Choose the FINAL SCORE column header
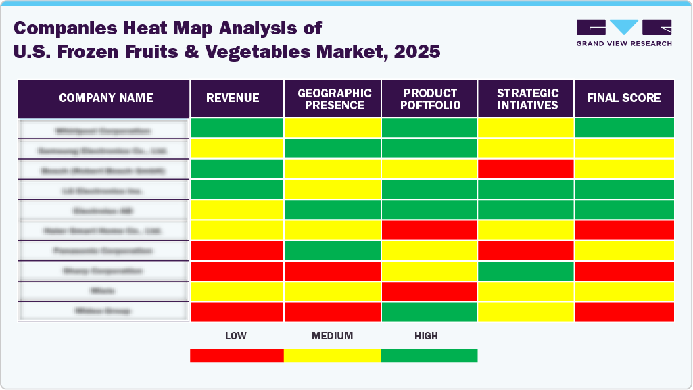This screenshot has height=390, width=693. pyautogui.click(x=623, y=99)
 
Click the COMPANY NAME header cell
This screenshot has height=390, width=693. pyautogui.click(x=105, y=99)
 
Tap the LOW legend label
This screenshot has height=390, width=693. pyautogui.click(x=236, y=336)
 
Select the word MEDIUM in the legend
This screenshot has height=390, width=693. pyautogui.click(x=332, y=336)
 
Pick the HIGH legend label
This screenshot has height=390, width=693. pyautogui.click(x=426, y=336)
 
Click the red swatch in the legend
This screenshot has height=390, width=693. pyautogui.click(x=237, y=356)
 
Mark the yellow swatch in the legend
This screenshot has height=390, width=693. pyautogui.click(x=332, y=356)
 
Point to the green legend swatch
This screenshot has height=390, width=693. pyautogui.click(x=429, y=356)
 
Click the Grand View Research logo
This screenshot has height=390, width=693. pyautogui.click(x=623, y=33)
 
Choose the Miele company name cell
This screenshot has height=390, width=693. pyautogui.click(x=103, y=291)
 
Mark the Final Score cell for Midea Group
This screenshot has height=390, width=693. pyautogui.click(x=623, y=312)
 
